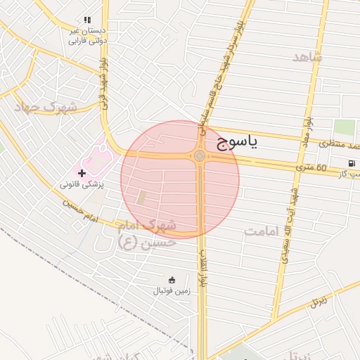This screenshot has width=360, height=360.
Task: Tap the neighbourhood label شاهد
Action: pyautogui.click(x=307, y=57)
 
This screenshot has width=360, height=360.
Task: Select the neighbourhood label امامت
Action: pyautogui.click(x=262, y=231)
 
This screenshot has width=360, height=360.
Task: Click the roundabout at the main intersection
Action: pyautogui.click(x=200, y=155)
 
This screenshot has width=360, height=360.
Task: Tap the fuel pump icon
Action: pyautogui.click(x=351, y=164)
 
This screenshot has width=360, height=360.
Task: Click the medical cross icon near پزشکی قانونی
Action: pyautogui.click(x=82, y=172)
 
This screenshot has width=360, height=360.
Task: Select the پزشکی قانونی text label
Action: pyautogui.click(x=82, y=184)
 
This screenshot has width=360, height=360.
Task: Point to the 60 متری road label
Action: pyautogui.click(x=311, y=167)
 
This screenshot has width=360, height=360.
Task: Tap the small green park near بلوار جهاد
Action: pyautogui.click(x=344, y=127)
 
